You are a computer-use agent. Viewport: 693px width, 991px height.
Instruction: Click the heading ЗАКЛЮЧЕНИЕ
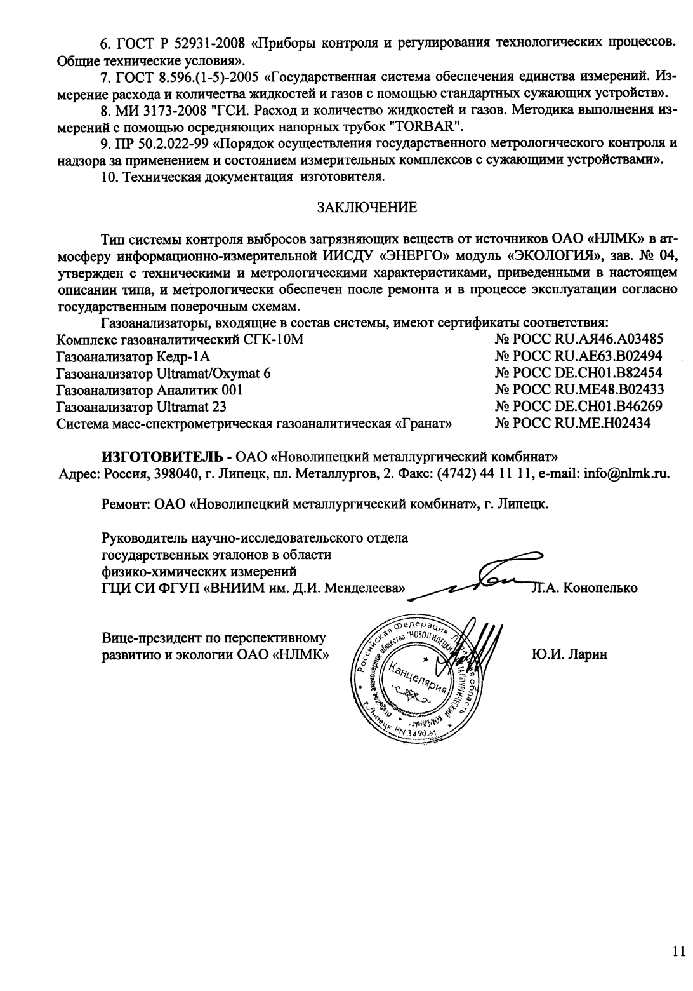click(367, 207)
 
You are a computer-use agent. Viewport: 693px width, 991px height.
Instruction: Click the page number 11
click(678, 951)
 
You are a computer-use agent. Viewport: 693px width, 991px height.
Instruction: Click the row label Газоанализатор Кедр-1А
click(133, 356)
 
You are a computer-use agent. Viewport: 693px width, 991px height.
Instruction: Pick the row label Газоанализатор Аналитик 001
click(149, 390)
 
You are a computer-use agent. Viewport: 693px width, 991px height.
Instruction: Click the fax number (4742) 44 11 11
click(484, 473)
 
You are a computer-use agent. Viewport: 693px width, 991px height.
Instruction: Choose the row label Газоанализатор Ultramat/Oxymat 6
click(163, 374)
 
